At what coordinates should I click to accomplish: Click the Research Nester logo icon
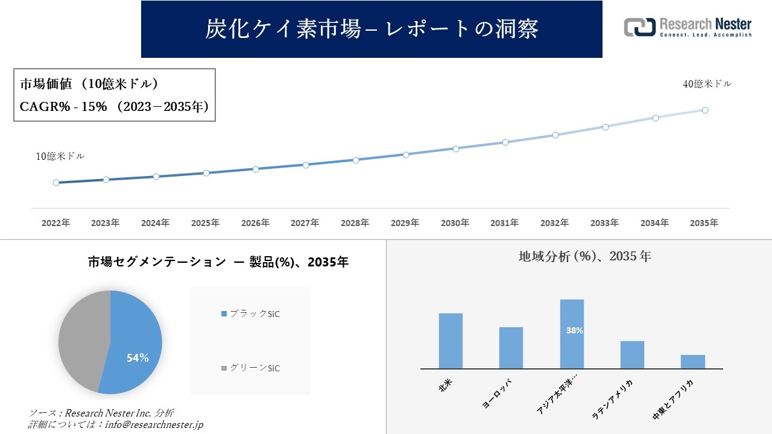tap(639, 27)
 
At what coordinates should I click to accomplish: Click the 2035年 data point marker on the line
tap(704, 110)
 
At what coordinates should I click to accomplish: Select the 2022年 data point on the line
tap(56, 183)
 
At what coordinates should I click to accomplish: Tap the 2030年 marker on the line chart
tap(455, 148)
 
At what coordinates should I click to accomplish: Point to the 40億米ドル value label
tap(707, 84)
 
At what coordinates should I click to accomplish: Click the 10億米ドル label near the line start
tap(60, 156)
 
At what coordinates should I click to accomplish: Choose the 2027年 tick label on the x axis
tap(305, 223)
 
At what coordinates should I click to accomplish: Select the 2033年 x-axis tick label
tap(604, 223)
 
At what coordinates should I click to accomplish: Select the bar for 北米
tap(451, 341)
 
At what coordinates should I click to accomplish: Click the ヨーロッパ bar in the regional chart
tap(511, 348)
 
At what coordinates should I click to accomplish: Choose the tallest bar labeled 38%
tap(572, 334)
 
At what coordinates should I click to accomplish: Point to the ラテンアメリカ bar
tap(632, 355)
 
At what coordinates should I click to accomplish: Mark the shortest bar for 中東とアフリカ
tap(692, 362)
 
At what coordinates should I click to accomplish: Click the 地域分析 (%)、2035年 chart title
tap(584, 256)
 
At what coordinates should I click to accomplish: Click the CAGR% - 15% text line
tap(115, 107)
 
